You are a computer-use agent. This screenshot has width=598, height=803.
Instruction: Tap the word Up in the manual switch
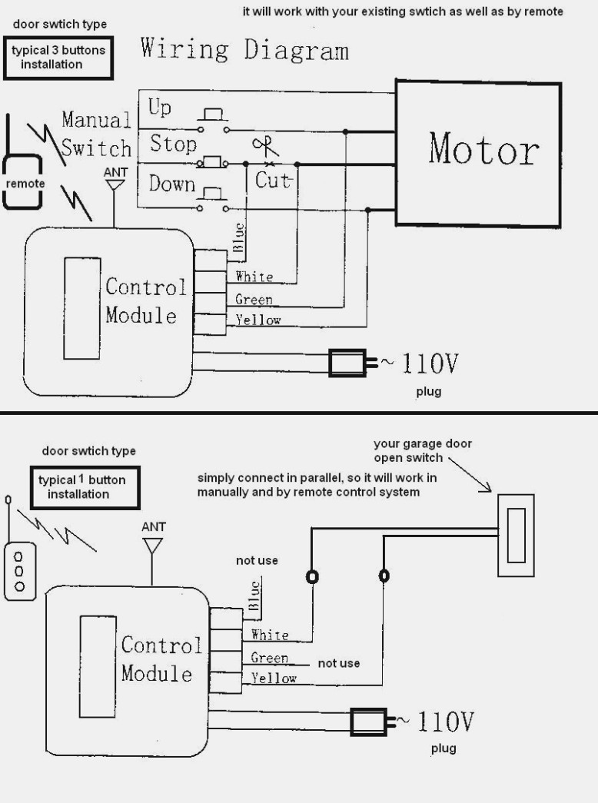[x=160, y=108]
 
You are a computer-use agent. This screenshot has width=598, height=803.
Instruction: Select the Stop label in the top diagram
[x=173, y=144]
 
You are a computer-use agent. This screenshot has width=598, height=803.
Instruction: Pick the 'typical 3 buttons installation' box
[x=58, y=58]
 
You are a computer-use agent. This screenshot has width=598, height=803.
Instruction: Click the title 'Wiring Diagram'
[x=244, y=50]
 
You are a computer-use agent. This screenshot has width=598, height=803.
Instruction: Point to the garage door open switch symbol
[x=516, y=535]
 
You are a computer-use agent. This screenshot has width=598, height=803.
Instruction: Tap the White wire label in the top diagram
[x=254, y=277]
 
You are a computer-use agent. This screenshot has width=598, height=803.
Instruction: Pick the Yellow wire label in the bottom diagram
[x=274, y=679]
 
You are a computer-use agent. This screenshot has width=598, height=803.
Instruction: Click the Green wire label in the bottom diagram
[x=269, y=658]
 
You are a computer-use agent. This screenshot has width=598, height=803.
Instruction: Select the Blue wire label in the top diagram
[x=239, y=237]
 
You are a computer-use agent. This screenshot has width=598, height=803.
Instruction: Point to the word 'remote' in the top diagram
[x=26, y=184]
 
